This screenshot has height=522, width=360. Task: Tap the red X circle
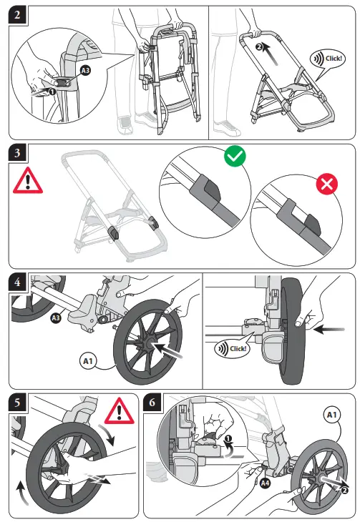click(326, 184)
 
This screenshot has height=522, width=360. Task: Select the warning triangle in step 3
click(28, 179)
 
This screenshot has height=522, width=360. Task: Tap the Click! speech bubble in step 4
click(230, 348)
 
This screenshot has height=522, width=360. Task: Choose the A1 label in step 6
click(334, 414)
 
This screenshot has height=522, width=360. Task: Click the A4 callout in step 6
click(264, 484)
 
